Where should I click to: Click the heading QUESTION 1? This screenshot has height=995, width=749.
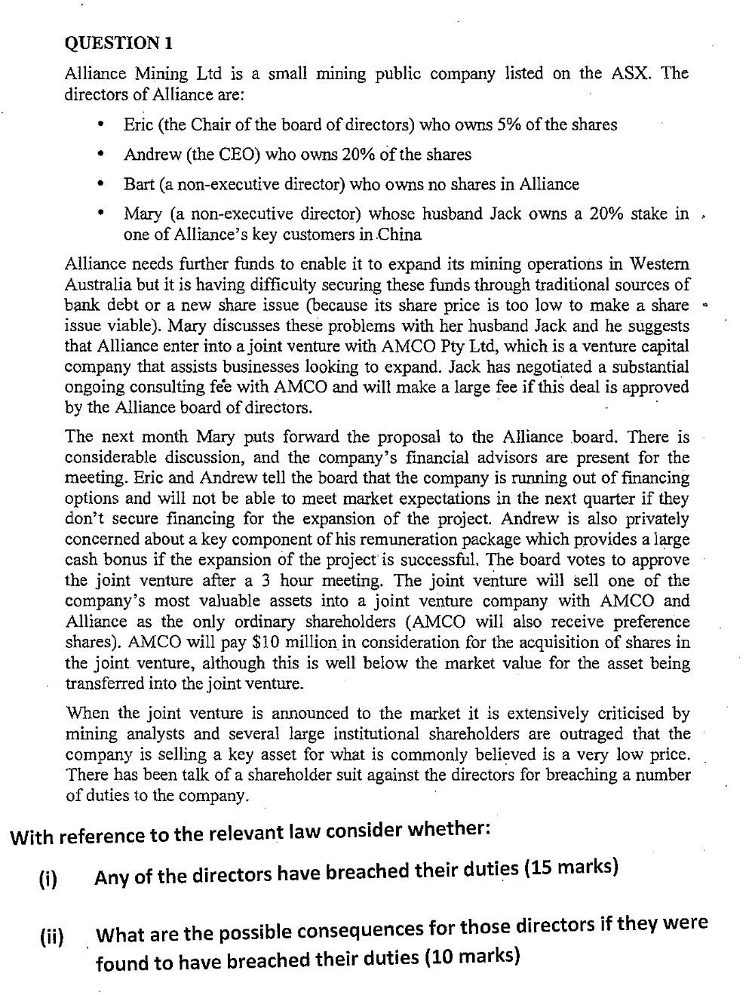[118, 43]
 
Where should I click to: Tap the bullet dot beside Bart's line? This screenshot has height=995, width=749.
[100, 184]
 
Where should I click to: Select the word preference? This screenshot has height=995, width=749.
[651, 622]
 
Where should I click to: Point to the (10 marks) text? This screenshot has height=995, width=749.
[472, 957]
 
